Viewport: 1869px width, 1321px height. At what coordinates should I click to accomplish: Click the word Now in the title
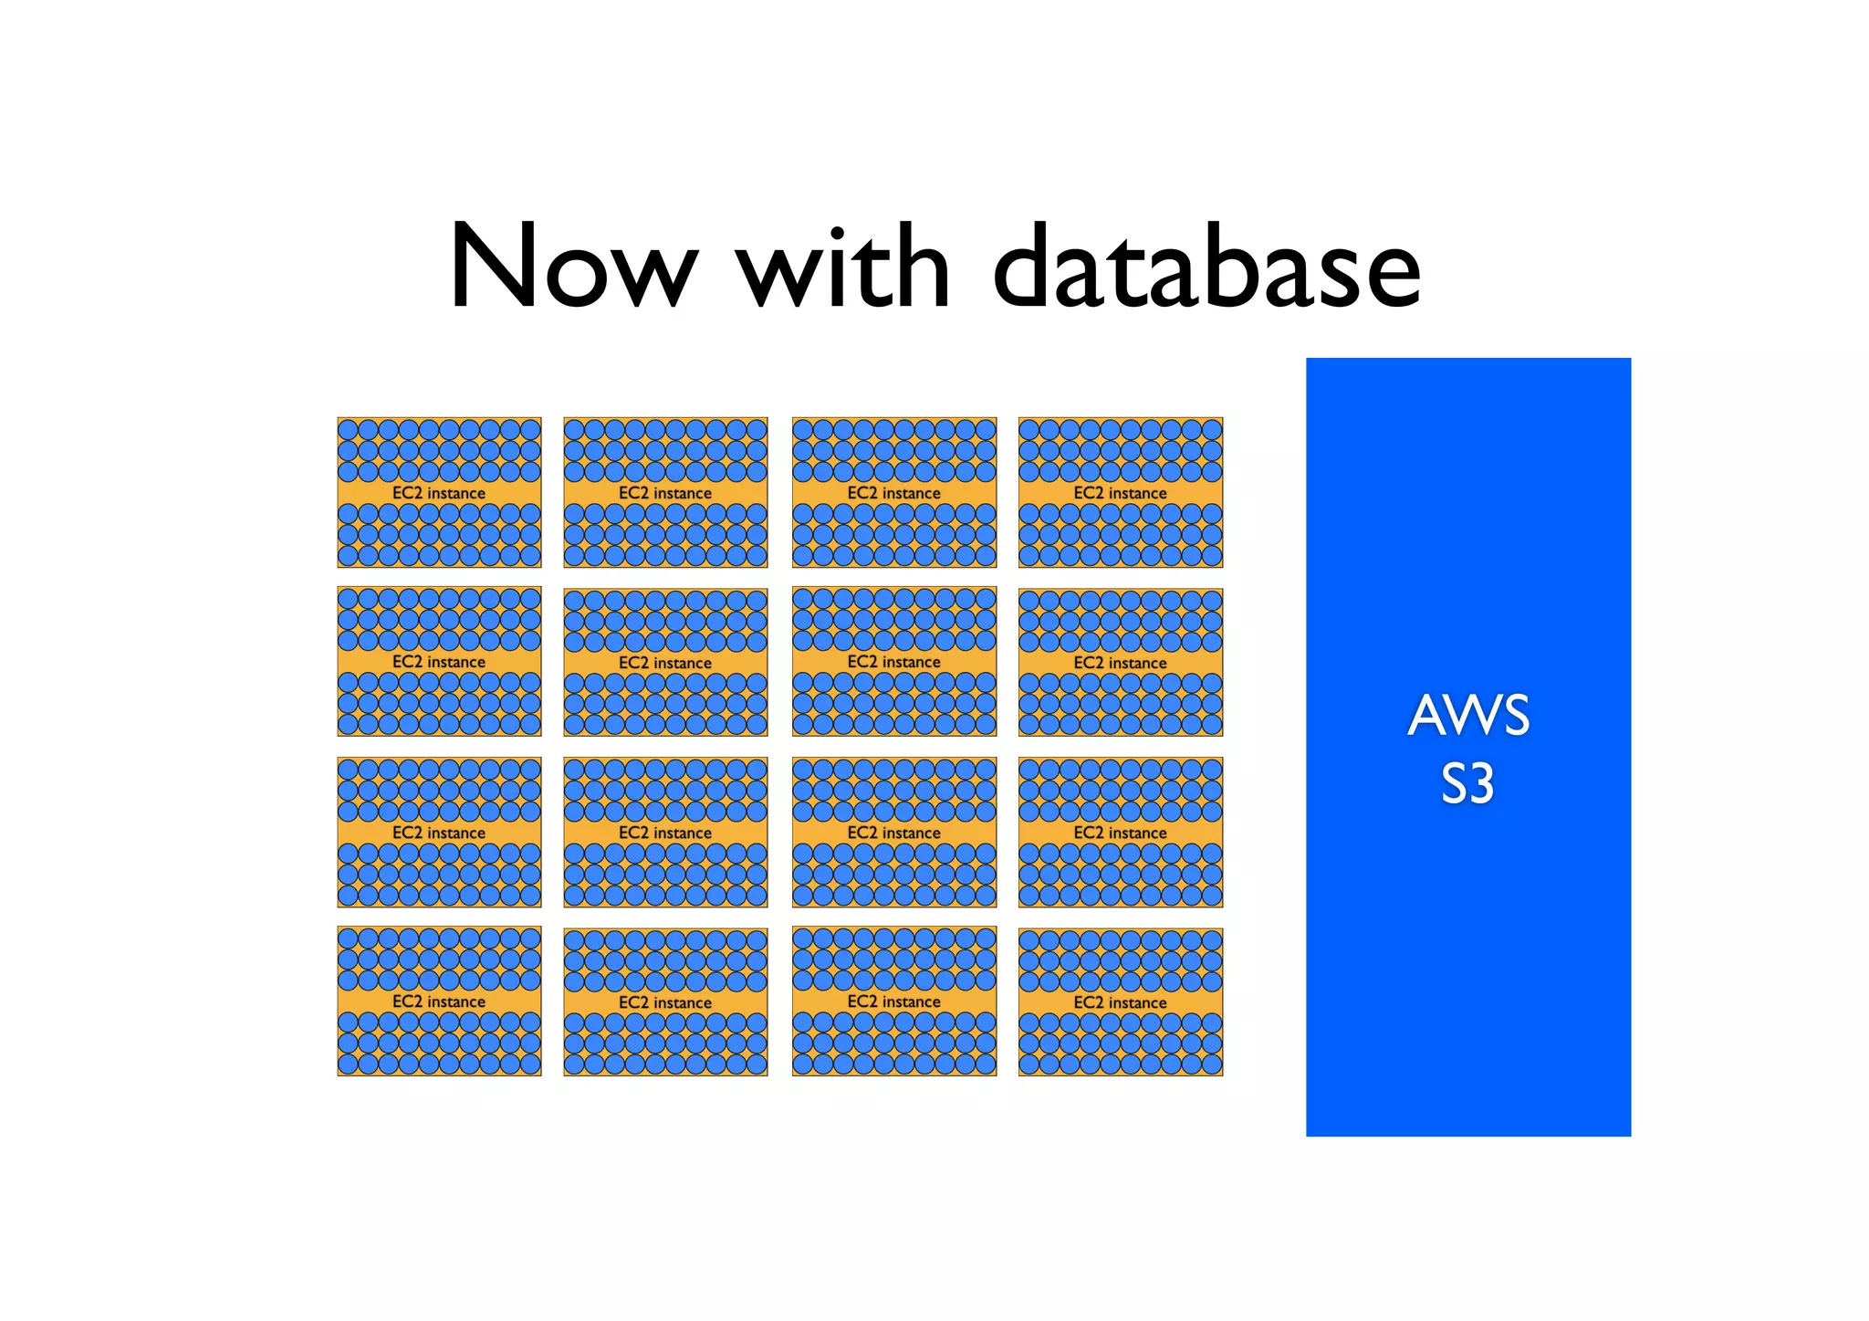[573, 267]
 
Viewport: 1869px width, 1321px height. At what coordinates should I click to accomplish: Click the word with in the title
[844, 267]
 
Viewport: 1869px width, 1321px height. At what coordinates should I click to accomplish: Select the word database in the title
[1206, 267]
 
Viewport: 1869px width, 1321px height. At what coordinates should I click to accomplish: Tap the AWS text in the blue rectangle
[1467, 716]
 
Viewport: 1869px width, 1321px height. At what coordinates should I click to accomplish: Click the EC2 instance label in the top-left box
[439, 493]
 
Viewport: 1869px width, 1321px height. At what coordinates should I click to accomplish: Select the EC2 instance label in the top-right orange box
[1120, 493]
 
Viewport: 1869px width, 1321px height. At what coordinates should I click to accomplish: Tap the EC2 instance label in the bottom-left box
[439, 1001]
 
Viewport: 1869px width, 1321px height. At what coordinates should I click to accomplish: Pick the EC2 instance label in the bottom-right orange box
[1120, 1002]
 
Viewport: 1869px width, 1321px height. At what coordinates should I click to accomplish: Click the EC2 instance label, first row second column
[665, 493]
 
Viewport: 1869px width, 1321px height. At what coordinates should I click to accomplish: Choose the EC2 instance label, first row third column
[893, 493]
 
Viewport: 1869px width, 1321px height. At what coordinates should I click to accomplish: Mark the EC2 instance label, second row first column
[439, 662]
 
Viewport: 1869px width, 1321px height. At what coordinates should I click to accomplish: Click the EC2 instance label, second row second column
[665, 663]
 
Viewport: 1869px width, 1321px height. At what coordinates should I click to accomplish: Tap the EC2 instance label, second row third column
[893, 662]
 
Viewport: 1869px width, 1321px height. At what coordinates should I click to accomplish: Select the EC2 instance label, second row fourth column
[1120, 663]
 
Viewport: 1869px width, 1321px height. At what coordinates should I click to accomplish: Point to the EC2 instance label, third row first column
[439, 833]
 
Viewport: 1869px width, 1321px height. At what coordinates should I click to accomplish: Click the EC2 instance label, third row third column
[893, 833]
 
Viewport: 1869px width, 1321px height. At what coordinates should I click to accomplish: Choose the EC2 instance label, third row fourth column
[1120, 833]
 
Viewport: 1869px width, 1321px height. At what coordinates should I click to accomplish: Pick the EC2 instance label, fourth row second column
[665, 1002]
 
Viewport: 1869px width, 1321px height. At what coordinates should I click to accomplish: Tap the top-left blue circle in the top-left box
[348, 429]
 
